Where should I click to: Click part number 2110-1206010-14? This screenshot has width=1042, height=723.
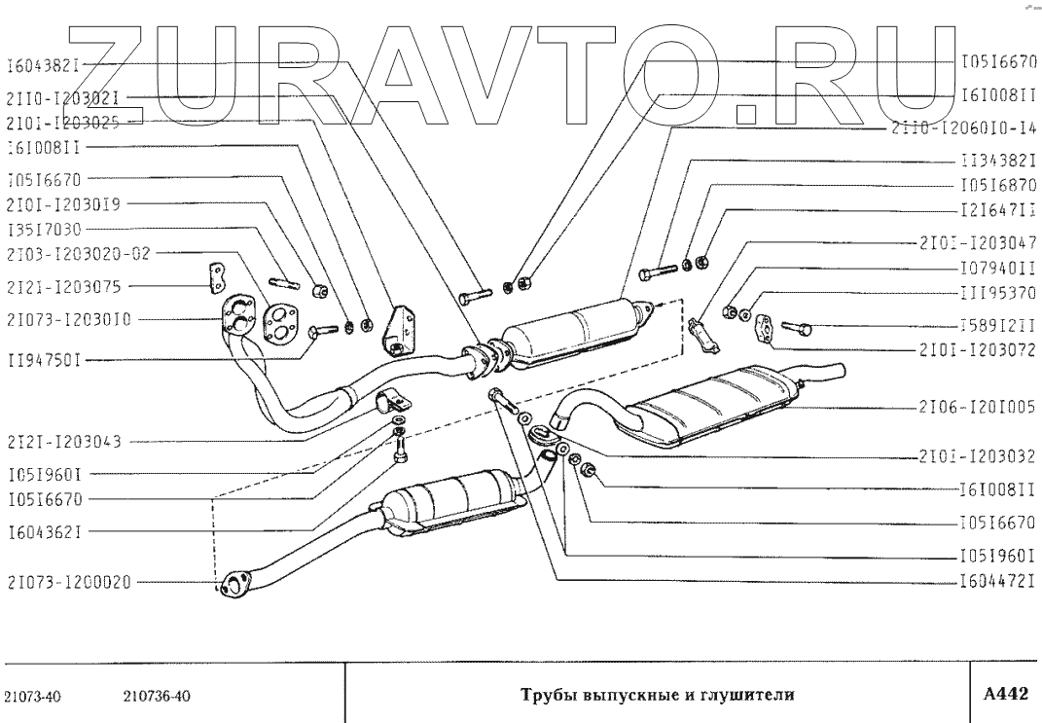[x=963, y=127]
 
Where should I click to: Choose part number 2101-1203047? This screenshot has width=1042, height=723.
[x=975, y=241]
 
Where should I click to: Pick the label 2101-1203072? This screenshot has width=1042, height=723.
[x=975, y=347]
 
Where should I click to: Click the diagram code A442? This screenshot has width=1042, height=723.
[x=1005, y=694]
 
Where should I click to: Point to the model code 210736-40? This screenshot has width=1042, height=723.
[x=158, y=696]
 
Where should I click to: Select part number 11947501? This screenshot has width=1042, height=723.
[x=42, y=359]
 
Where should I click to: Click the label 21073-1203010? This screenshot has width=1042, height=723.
[x=68, y=319]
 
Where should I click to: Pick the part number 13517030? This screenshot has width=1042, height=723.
[x=45, y=231]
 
